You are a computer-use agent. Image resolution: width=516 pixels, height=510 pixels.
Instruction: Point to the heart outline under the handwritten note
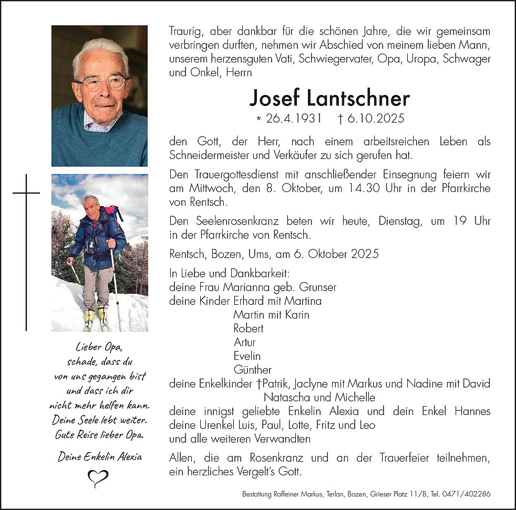[98, 478]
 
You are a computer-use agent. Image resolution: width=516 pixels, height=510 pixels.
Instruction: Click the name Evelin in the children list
[247, 356]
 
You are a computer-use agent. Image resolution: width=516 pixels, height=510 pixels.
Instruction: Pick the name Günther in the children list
[253, 370]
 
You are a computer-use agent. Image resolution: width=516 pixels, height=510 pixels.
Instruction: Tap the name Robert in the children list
[249, 328]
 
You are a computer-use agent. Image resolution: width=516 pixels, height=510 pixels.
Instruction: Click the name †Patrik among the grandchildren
[271, 384]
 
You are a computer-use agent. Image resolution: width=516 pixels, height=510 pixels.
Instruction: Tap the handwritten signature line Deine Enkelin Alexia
[100, 456]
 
